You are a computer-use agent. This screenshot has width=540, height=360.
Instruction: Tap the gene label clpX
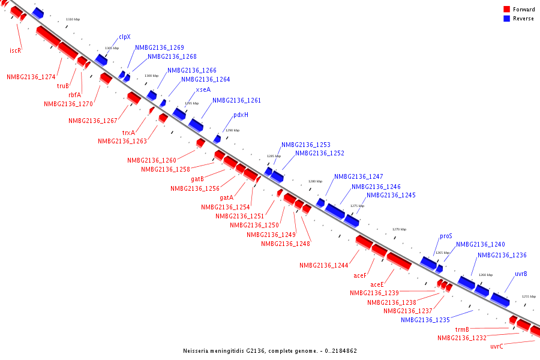click(x=124, y=37)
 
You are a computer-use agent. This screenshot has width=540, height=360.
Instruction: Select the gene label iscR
click(x=16, y=50)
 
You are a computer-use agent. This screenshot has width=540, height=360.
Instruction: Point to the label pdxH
click(x=241, y=115)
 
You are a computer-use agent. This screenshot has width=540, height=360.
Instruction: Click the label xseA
click(x=203, y=89)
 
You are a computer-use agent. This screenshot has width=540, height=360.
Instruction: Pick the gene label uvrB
click(x=521, y=274)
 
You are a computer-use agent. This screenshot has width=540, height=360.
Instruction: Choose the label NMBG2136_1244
click(x=324, y=265)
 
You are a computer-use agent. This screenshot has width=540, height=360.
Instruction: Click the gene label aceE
click(x=377, y=284)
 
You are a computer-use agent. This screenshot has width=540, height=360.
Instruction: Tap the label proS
click(x=446, y=236)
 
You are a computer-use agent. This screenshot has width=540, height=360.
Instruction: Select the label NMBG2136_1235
click(x=425, y=320)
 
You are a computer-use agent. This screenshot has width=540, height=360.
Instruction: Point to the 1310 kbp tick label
click(x=73, y=20)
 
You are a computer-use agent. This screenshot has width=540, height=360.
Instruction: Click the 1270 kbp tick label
click(x=399, y=229)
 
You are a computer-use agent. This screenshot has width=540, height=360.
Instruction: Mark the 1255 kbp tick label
click(x=529, y=296)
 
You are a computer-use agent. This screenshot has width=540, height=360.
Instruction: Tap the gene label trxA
click(x=128, y=133)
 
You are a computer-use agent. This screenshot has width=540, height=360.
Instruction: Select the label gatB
click(x=197, y=179)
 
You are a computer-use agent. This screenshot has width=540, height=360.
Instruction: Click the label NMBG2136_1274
click(x=31, y=77)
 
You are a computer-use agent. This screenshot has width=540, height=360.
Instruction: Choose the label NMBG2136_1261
click(x=236, y=100)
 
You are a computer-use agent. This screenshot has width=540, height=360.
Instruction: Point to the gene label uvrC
click(x=497, y=346)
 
